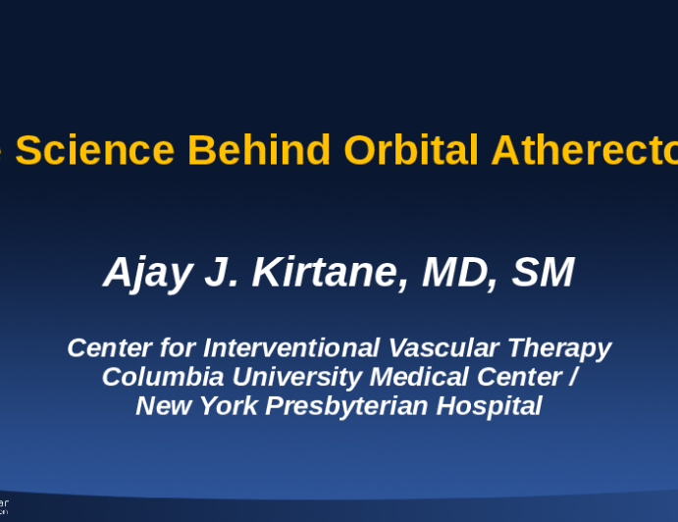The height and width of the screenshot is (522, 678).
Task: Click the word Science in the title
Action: (95, 150)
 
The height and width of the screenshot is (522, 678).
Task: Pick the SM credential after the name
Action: (542, 274)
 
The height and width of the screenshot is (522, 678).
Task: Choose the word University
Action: (262, 377)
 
